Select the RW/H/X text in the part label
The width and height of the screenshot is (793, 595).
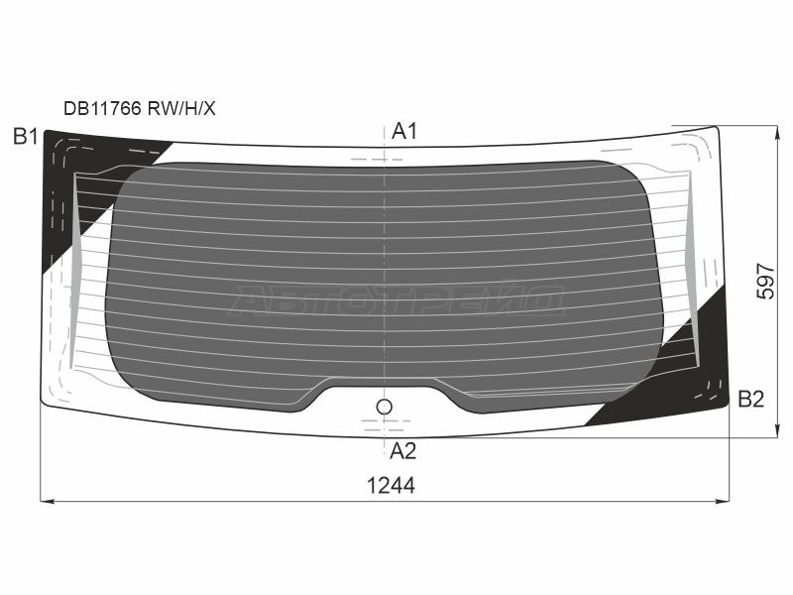(181, 108)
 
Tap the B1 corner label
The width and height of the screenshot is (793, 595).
(26, 137)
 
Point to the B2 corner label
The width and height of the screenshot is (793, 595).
(751, 400)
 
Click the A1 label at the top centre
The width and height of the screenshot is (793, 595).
(404, 132)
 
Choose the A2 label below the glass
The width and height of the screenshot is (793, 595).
(403, 451)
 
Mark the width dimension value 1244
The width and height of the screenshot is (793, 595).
(391, 486)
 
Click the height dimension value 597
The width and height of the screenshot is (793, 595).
(765, 282)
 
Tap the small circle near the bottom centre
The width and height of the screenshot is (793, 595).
(385, 407)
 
